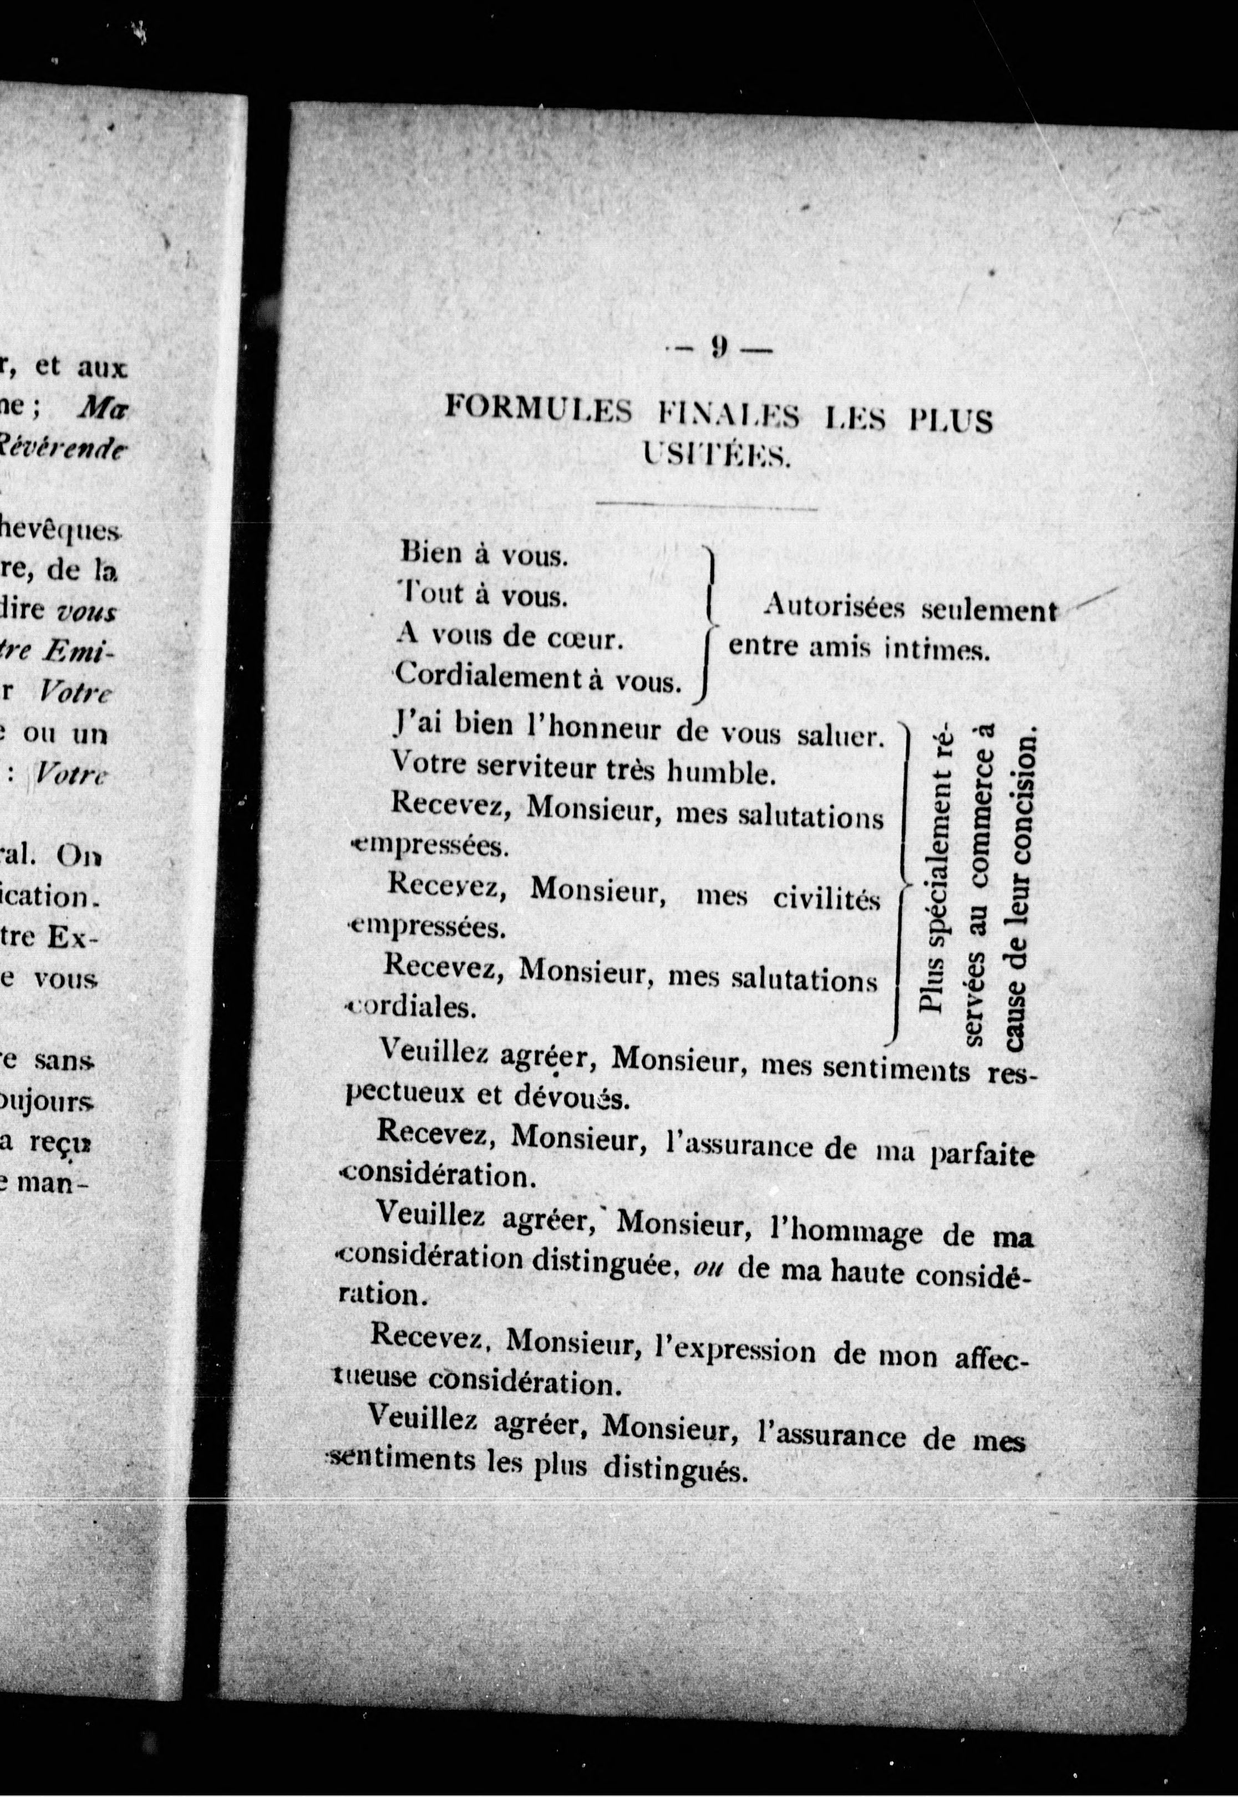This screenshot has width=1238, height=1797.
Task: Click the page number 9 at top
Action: coord(718,348)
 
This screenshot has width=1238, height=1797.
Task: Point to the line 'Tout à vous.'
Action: coord(483,595)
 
